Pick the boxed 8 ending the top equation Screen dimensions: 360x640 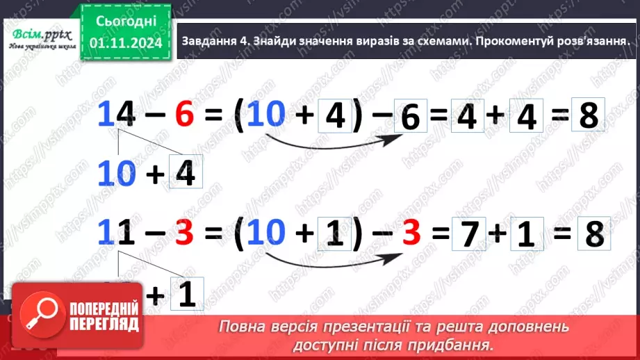point(588,116)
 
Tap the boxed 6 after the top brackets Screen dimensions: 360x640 point(411,118)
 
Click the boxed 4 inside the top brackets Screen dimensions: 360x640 point(335,117)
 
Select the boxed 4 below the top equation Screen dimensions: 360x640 point(185,174)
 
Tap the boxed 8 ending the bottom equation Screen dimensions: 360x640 point(593,235)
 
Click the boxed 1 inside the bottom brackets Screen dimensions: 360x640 point(335,235)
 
